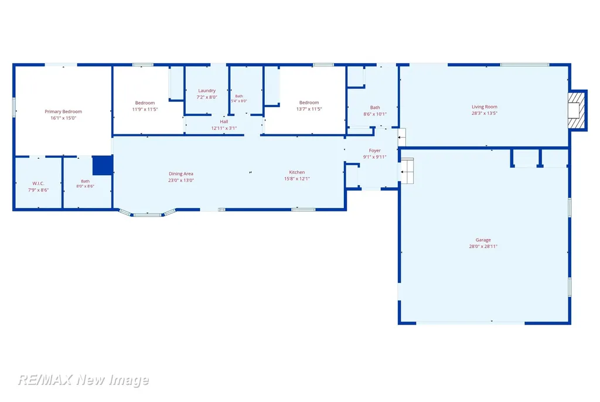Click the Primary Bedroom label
[x=63, y=111]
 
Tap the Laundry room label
[x=207, y=91]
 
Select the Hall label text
[x=224, y=122]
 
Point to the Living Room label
[x=485, y=107]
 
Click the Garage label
[x=483, y=240]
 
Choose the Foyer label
[x=374, y=151]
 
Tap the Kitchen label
[x=297, y=172]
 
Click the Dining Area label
[x=181, y=174]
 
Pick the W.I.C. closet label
[x=38, y=184]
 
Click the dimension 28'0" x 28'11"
[x=483, y=247]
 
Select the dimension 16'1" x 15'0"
[x=63, y=118]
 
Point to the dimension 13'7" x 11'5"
[x=309, y=109]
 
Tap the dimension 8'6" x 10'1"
[x=375, y=114]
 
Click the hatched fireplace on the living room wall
[x=577, y=110]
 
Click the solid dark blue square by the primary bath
[x=103, y=165]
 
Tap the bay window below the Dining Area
[x=147, y=213]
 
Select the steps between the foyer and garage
[x=407, y=171]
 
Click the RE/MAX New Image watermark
[x=83, y=380]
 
